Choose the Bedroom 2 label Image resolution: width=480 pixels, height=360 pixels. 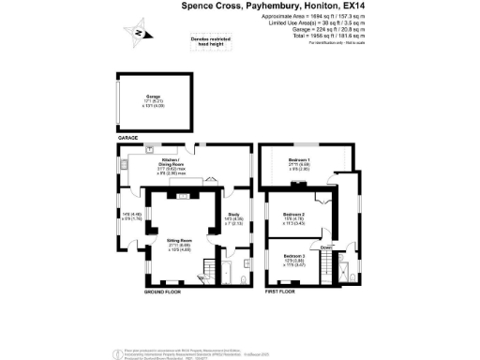pos(294,216)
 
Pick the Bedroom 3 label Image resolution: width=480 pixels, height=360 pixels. pos(294,256)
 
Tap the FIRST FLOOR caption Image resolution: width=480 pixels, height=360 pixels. pos(278,292)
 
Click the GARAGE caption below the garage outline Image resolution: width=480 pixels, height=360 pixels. pos(127,138)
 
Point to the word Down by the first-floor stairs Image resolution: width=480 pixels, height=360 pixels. pos(325,247)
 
